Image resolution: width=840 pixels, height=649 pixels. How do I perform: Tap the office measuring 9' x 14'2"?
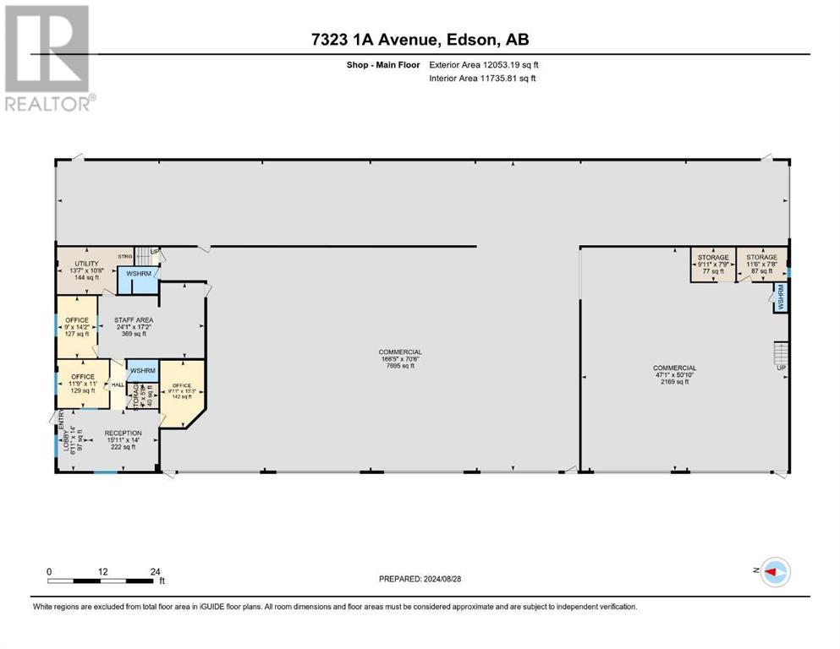(x=76, y=325)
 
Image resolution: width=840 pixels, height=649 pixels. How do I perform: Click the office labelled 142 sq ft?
(x=182, y=390)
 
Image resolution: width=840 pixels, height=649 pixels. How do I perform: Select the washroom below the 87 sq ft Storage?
(x=780, y=297)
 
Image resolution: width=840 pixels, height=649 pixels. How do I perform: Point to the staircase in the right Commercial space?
(x=780, y=351)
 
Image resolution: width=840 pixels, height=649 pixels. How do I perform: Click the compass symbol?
(x=773, y=572)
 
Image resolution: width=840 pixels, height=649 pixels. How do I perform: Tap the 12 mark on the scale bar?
(x=102, y=572)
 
